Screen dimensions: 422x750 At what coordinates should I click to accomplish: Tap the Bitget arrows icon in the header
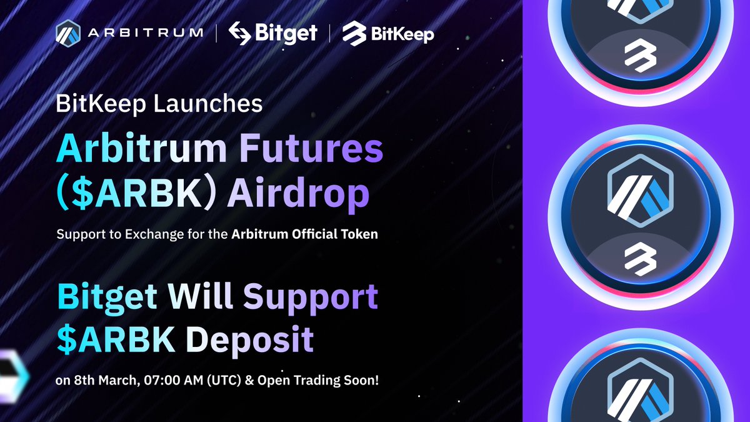click(240, 33)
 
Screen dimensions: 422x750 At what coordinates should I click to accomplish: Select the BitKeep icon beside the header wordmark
click(354, 33)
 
